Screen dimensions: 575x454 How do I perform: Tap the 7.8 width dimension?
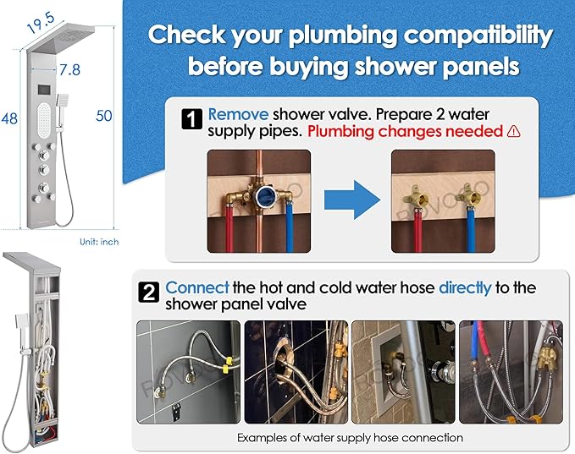tap(69, 69)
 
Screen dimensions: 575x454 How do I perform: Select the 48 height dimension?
tap(9, 118)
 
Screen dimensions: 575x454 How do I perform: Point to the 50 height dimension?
tap(104, 116)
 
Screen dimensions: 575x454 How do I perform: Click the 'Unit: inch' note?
tap(99, 242)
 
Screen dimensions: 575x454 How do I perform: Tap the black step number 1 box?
tap(191, 119)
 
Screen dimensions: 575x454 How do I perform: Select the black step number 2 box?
tap(149, 293)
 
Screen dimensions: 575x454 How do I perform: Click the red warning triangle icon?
tap(513, 131)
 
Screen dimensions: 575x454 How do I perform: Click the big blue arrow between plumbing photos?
tap(352, 200)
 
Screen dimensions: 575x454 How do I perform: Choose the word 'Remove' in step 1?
tap(238, 115)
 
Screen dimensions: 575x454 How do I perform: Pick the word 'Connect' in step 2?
tap(197, 287)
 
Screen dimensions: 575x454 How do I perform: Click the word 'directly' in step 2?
tap(465, 288)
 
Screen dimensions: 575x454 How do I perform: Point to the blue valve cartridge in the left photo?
tap(264, 196)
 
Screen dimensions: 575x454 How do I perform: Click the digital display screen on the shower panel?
tap(44, 89)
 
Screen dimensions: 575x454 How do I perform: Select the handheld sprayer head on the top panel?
tap(62, 100)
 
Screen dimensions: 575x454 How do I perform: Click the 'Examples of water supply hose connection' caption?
tap(350, 438)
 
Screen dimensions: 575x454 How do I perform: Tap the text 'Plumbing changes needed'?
tap(405, 131)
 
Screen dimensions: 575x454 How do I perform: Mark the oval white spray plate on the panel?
tap(44, 120)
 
